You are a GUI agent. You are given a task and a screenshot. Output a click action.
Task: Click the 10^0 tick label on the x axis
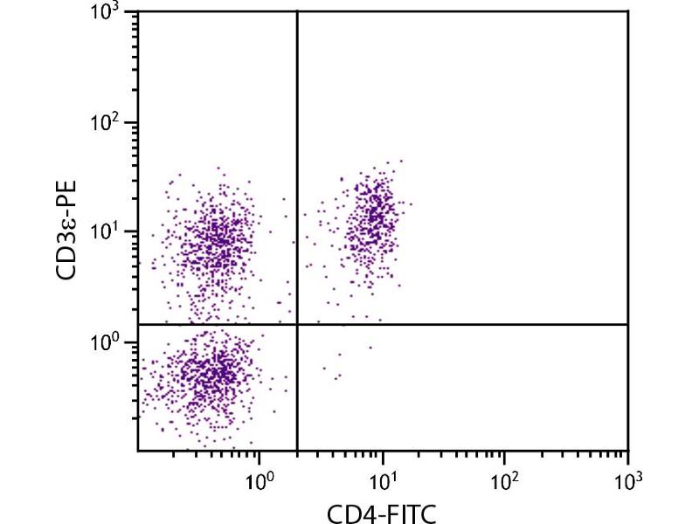click(260, 479)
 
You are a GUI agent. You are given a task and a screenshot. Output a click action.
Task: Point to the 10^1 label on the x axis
click(382, 479)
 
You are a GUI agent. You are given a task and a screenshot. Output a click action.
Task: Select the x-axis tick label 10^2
click(505, 479)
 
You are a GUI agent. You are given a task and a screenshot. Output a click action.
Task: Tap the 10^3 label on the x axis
click(627, 479)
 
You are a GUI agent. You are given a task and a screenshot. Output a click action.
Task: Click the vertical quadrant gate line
click(298, 175)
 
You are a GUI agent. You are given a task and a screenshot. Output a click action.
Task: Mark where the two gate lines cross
click(298, 325)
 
